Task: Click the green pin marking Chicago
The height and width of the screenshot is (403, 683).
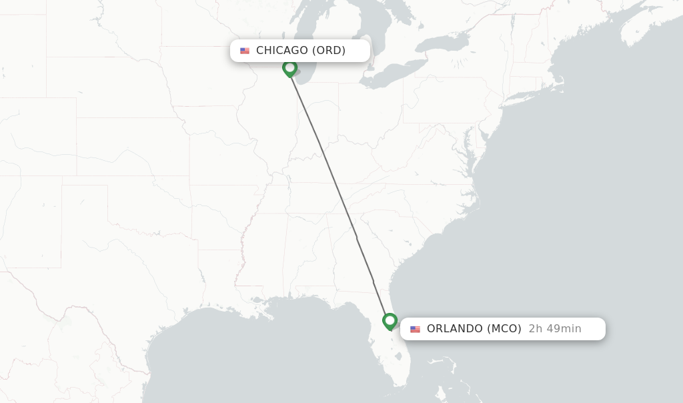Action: click(x=289, y=68)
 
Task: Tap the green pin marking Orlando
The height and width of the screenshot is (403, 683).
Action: click(x=390, y=322)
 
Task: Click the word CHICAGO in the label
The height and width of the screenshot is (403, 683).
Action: click(x=281, y=51)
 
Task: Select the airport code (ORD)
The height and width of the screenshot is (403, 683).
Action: click(x=329, y=51)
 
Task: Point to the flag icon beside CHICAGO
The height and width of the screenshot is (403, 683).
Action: click(x=245, y=51)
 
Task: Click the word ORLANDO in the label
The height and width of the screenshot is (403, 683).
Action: click(x=455, y=328)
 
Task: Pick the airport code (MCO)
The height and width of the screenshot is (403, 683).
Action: click(x=504, y=328)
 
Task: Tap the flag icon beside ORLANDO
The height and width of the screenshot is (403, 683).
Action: click(x=416, y=329)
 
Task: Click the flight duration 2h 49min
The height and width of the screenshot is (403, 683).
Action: click(x=555, y=328)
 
